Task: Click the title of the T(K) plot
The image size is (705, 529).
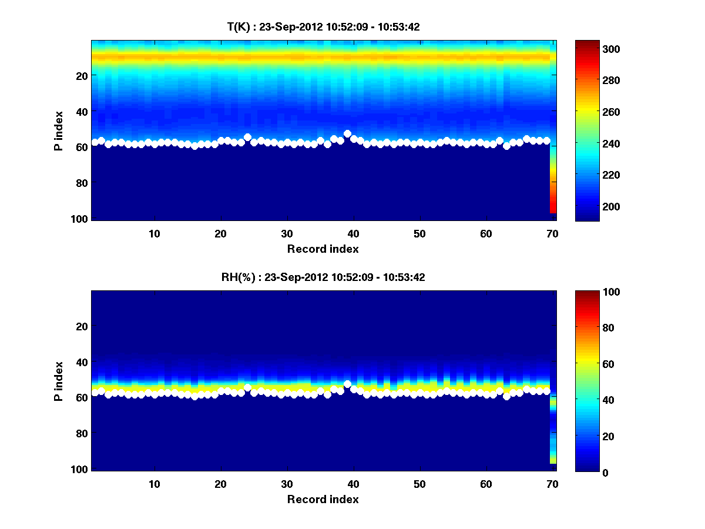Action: (x=323, y=26)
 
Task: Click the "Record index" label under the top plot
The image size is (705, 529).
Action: (x=323, y=249)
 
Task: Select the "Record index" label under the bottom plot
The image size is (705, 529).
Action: (x=323, y=499)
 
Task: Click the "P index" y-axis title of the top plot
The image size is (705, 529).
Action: (x=59, y=130)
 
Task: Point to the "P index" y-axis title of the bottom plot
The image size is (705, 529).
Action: (x=59, y=381)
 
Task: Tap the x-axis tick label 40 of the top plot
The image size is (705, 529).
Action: (x=353, y=233)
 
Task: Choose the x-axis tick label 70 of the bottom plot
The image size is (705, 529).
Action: (x=552, y=484)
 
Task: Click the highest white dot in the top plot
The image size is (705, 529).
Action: (x=347, y=134)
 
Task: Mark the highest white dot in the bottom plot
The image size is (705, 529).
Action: (x=347, y=384)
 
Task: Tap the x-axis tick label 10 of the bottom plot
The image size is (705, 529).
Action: (x=154, y=484)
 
